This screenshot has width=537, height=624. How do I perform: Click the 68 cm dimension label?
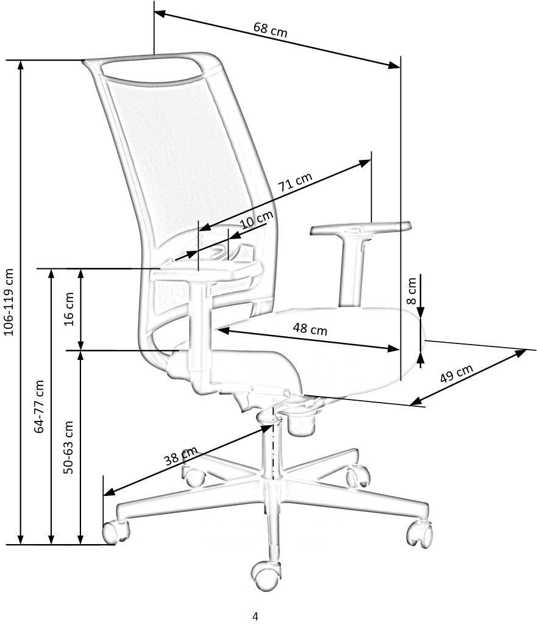tap(270, 30)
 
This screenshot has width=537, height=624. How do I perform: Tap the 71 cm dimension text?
tap(295, 182)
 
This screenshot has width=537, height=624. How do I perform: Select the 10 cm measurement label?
tap(257, 219)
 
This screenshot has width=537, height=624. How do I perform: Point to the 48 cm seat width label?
tap(310, 329)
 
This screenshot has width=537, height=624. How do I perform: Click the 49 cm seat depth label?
tap(457, 373)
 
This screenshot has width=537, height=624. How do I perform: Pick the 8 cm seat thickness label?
tap(411, 291)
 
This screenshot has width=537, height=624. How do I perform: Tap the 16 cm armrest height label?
tap(69, 309)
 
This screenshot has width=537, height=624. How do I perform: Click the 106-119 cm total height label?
tap(9, 302)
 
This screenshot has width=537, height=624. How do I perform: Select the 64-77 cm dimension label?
tap(39, 406)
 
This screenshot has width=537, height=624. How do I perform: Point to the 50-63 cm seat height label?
tap(68, 447)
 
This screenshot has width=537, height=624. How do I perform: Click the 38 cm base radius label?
tap(181, 456)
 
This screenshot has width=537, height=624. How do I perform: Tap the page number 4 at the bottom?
tap(255, 616)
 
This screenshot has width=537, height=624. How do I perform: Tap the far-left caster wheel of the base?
tap(115, 532)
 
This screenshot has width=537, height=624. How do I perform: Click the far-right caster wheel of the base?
tap(419, 534)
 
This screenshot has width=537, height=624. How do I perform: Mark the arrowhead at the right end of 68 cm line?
tap(394, 65)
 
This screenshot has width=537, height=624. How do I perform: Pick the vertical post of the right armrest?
tap(352, 271)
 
